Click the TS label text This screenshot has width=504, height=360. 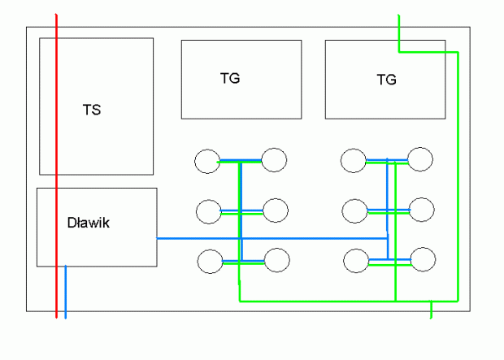click(92, 110)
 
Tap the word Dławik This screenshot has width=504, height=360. click(89, 223)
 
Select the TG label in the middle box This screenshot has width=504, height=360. click(230, 78)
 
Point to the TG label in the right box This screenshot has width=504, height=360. click(387, 80)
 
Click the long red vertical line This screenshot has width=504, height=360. click(56, 166)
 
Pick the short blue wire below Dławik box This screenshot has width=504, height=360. click(66, 292)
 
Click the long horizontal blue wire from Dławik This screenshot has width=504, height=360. click(272, 238)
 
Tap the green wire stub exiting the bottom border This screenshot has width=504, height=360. click(431, 310)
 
